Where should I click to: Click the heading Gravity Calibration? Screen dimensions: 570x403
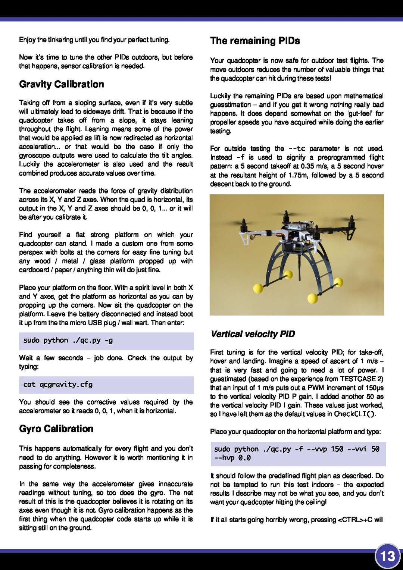(62, 84)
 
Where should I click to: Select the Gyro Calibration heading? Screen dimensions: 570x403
(56, 429)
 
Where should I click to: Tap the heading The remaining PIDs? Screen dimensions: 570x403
(255, 41)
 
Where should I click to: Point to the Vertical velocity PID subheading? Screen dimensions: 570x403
(253, 334)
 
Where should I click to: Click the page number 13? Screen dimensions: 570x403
(387, 557)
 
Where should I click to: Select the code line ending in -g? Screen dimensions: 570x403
(68, 340)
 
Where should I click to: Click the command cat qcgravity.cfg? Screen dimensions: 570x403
(58, 384)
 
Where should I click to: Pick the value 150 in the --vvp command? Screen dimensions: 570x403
(337, 449)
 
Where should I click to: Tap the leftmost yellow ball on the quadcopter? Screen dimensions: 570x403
(258, 288)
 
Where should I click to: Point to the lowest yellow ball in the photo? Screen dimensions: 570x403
(313, 298)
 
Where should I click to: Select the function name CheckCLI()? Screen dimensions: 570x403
(355, 414)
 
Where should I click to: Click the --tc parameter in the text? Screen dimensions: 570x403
(297, 148)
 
